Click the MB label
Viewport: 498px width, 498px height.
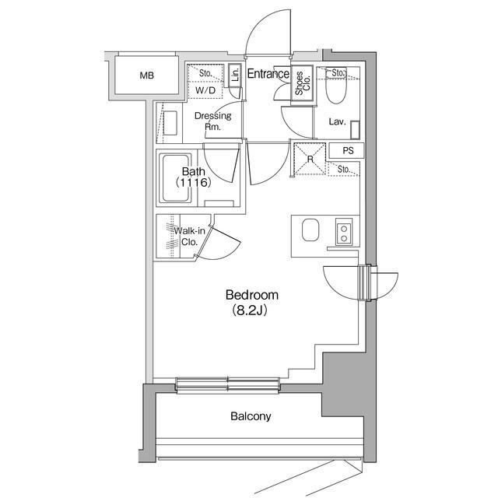click(147, 75)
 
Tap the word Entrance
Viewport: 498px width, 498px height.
click(268, 74)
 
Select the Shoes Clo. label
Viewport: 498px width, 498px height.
click(303, 83)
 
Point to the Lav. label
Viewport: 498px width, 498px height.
click(337, 121)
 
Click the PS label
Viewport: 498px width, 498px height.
click(348, 150)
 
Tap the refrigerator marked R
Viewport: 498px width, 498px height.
click(310, 159)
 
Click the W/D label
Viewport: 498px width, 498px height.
click(205, 90)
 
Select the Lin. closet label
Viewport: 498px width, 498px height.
click(235, 75)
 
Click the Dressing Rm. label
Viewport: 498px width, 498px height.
click(212, 121)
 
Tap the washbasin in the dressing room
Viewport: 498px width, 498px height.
click(170, 123)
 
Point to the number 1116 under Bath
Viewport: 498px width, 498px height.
click(193, 182)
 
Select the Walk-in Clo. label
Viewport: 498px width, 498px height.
click(189, 237)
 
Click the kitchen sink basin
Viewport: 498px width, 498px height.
click(310, 230)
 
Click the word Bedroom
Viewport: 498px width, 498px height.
click(252, 295)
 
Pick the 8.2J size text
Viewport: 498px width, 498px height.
click(250, 310)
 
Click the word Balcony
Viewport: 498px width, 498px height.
click(251, 416)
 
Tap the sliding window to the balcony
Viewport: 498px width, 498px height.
click(228, 385)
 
